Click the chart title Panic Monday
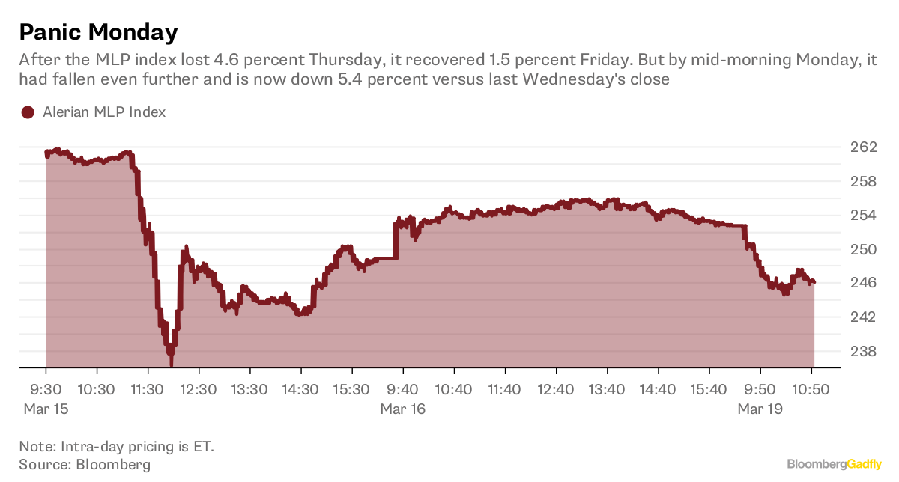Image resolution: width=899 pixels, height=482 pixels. pyautogui.click(x=98, y=32)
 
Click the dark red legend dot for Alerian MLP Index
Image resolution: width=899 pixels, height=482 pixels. pyautogui.click(x=28, y=112)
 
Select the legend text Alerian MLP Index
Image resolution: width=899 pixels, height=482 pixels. pyautogui.click(x=103, y=112)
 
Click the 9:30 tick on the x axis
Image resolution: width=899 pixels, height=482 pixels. pyautogui.click(x=46, y=390)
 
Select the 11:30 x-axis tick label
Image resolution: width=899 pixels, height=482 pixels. pyautogui.click(x=148, y=390)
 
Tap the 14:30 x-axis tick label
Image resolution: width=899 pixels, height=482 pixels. pyautogui.click(x=300, y=390)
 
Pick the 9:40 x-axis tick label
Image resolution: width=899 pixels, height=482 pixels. pyautogui.click(x=403, y=390)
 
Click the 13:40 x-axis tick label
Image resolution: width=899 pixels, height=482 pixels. pyautogui.click(x=607, y=390)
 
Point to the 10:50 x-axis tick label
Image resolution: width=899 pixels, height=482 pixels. pyautogui.click(x=811, y=390)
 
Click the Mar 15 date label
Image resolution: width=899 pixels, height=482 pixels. pyautogui.click(x=46, y=409)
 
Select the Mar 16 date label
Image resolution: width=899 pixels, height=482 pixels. pyautogui.click(x=403, y=409)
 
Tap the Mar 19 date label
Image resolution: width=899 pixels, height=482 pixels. pyautogui.click(x=760, y=409)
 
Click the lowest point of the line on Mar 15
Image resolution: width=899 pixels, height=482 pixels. pyautogui.click(x=172, y=365)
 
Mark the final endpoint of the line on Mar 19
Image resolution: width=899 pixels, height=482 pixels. pyautogui.click(x=814, y=282)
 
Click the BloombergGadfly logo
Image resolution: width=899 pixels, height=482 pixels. pyautogui.click(x=834, y=465)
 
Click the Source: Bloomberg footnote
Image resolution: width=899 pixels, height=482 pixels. pyautogui.click(x=85, y=465)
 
